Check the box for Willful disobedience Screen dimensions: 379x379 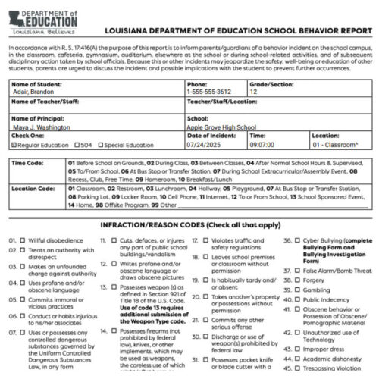(23, 240)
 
